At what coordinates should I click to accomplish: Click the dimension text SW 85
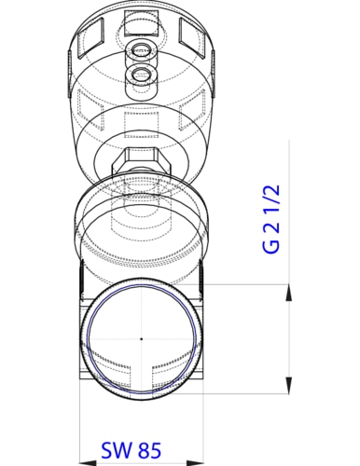click(x=131, y=451)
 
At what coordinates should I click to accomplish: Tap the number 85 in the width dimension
click(x=148, y=451)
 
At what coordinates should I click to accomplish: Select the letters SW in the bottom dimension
click(x=115, y=451)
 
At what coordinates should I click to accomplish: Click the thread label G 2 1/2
click(x=271, y=220)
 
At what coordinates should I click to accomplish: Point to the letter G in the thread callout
click(x=271, y=246)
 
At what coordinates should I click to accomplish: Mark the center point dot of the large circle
click(x=141, y=338)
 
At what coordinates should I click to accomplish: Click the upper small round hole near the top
click(x=141, y=49)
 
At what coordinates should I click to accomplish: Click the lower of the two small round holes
click(x=141, y=74)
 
